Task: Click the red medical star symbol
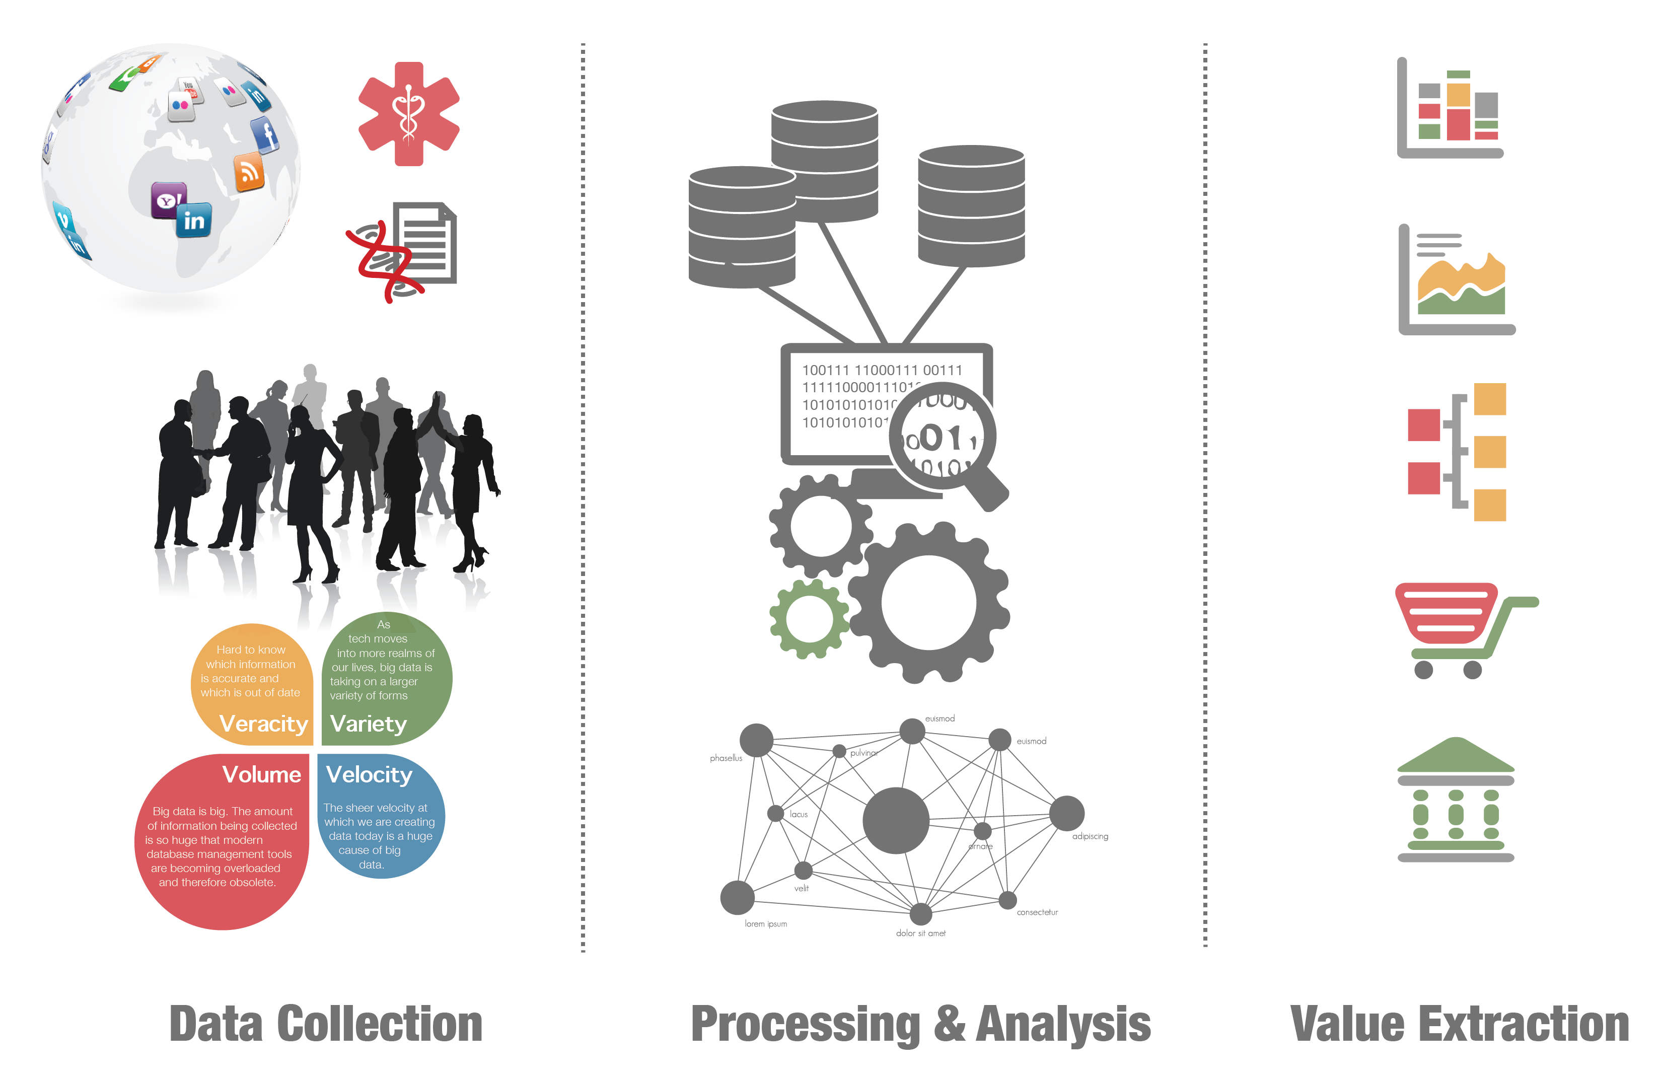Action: (x=409, y=114)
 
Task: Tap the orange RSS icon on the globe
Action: (x=249, y=171)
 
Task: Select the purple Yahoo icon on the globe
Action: (x=168, y=200)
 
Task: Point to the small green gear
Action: (x=809, y=618)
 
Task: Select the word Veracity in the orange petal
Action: (x=263, y=724)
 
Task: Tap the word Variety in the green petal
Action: (x=368, y=724)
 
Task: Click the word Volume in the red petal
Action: (x=261, y=774)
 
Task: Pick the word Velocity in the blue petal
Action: (x=369, y=774)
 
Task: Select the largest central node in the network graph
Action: (x=896, y=820)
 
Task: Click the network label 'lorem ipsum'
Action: (x=766, y=924)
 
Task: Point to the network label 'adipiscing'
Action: (x=1090, y=837)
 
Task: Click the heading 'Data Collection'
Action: (x=326, y=1024)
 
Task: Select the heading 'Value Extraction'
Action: (x=1459, y=1024)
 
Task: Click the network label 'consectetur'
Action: (x=1037, y=912)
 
